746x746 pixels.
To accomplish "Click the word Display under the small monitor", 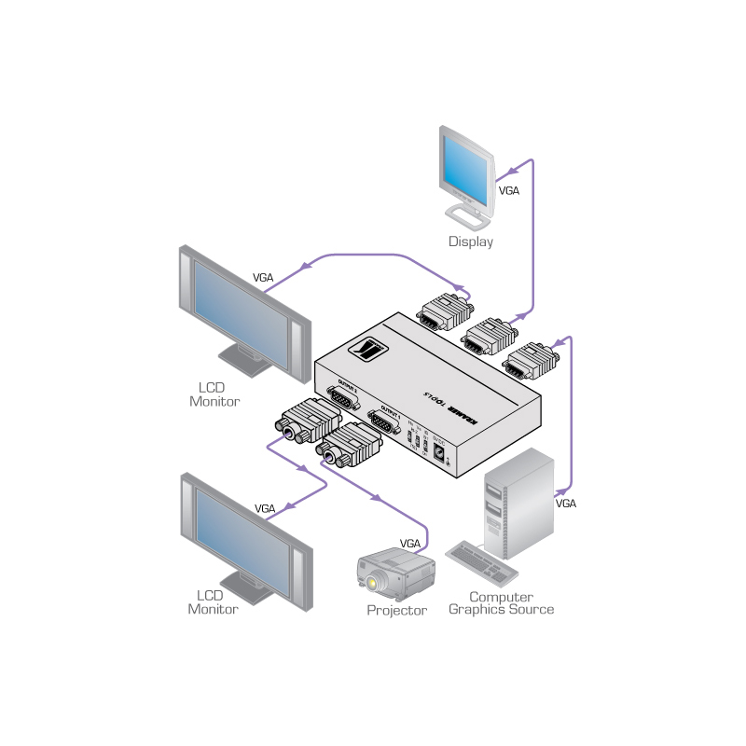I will tap(470, 242).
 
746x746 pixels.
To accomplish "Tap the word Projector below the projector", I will tap(396, 611).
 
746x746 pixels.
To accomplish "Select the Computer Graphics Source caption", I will tap(501, 603).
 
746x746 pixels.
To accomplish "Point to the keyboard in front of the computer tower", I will tap(482, 560).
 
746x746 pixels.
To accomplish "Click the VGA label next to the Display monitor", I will tap(509, 190).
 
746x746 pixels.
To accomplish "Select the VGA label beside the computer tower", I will tap(566, 504).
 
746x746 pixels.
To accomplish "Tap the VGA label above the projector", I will tap(410, 543).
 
